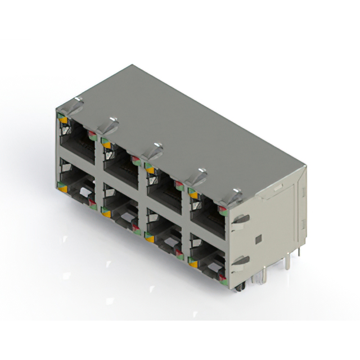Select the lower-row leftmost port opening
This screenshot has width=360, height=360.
coord(78,188)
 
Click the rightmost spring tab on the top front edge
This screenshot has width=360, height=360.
coord(233,196)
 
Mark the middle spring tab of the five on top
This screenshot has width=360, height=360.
coord(152,150)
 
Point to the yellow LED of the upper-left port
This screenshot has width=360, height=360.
coord(63,120)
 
